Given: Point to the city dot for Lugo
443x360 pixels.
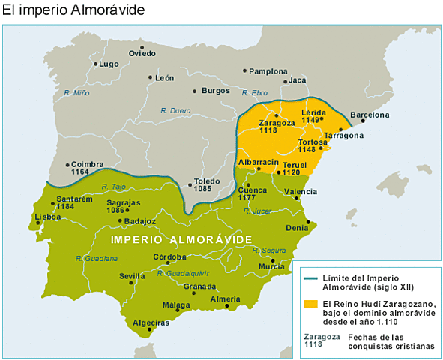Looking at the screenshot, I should tap(95, 64).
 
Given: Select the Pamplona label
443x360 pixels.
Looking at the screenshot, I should tap(267, 71).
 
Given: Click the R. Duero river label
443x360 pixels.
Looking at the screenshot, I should tap(175, 110).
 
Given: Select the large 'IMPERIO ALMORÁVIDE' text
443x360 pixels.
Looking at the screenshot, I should tap(181, 238).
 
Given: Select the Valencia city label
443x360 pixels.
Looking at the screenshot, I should tap(300, 191).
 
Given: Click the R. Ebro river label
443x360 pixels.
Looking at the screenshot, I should tap(255, 93).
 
